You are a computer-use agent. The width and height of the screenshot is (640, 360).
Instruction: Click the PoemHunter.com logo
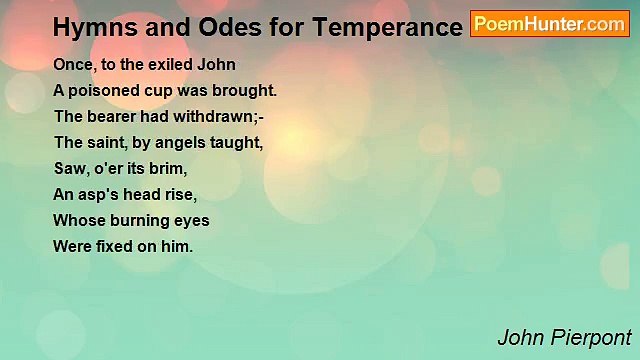point(550,24)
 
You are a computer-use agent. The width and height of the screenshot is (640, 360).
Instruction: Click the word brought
point(245,91)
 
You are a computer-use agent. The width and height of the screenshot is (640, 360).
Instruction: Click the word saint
point(107,143)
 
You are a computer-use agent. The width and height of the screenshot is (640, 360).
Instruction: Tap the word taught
point(240,143)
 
